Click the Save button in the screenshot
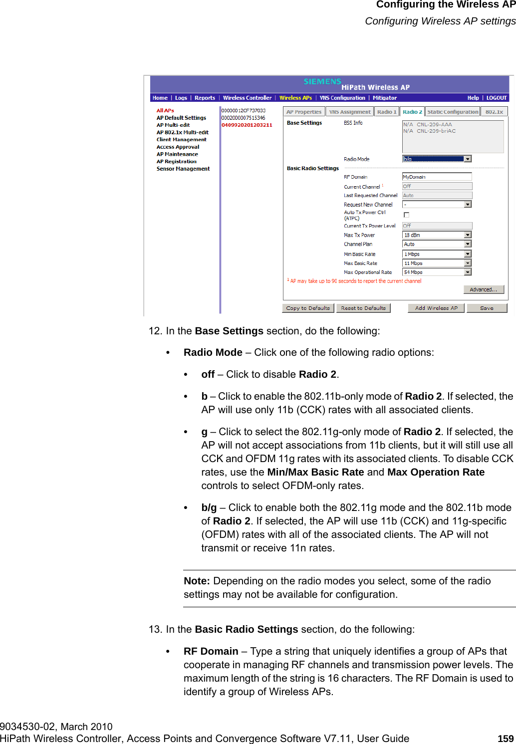(487, 308)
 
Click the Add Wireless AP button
(436, 308)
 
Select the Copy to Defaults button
(308, 308)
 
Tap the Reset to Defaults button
(363, 308)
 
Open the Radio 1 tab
(387, 112)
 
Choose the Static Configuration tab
(453, 112)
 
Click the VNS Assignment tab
(350, 112)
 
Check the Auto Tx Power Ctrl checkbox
(406, 215)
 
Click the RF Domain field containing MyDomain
(437, 177)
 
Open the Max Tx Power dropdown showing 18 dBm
(437, 235)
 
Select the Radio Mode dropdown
(437, 159)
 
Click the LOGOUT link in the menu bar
(496, 98)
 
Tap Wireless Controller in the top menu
(247, 98)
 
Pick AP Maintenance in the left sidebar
(177, 154)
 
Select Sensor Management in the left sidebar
(183, 169)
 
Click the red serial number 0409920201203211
(247, 125)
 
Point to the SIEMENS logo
(322, 81)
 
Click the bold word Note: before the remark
(197, 581)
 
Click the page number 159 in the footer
(506, 739)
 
